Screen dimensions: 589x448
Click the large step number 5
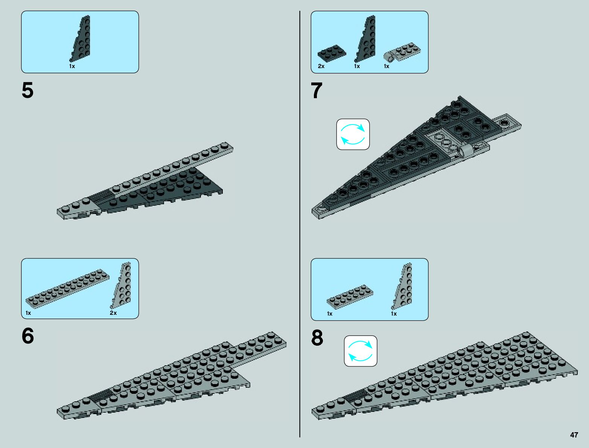click(27, 91)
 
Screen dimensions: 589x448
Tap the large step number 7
click(317, 91)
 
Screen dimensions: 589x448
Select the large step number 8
click(317, 337)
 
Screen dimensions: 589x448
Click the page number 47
click(574, 435)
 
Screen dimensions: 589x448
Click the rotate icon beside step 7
click(353, 134)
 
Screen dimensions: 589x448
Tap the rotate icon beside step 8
click(361, 351)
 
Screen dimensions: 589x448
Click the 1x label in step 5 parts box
click(72, 66)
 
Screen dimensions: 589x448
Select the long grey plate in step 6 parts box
click(68, 288)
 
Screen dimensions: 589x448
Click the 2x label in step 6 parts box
click(113, 313)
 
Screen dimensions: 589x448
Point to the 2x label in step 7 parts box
click(321, 66)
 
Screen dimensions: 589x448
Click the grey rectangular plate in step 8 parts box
click(350, 295)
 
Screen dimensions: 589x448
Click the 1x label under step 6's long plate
click(28, 313)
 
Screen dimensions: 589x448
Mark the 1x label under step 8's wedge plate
click(394, 314)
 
